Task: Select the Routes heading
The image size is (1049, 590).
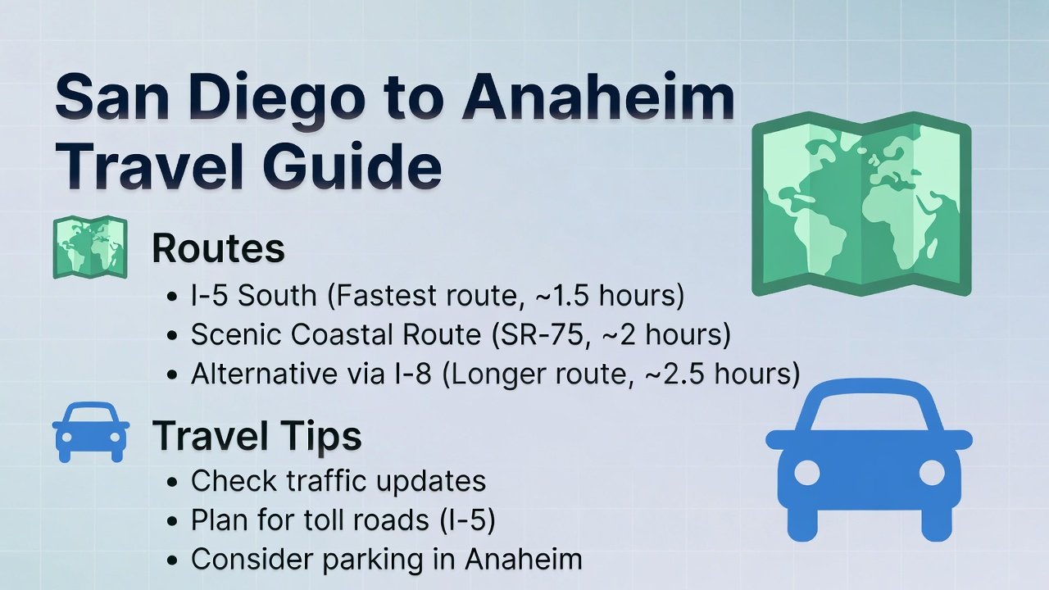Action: point(218,249)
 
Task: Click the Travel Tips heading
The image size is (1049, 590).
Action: point(257,437)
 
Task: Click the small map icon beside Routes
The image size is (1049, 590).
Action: point(89,247)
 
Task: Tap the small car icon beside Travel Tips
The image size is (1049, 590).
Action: point(90,432)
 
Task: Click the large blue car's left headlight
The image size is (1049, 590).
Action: point(807,473)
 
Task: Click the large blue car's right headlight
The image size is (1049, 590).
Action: point(932,473)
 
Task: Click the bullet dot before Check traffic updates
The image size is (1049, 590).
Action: point(172,483)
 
